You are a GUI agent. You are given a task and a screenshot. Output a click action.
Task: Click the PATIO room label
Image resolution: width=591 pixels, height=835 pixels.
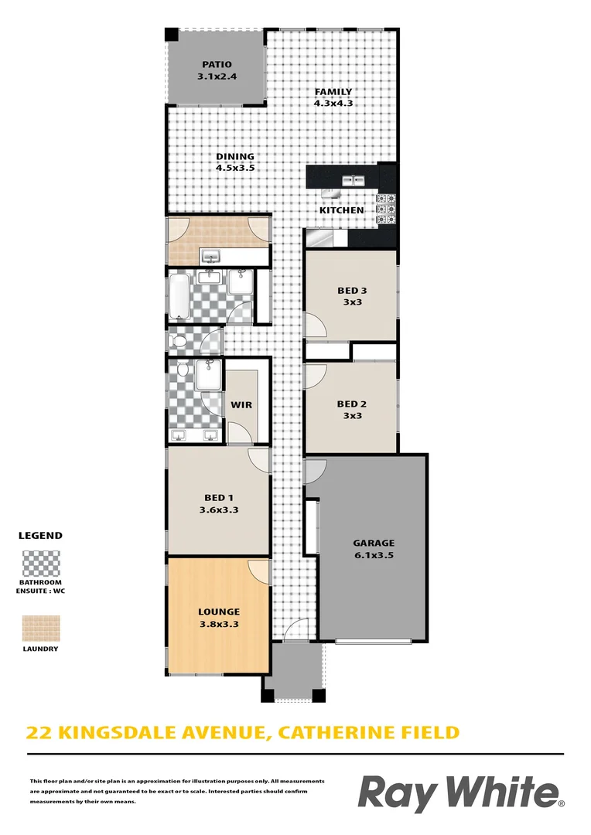[217, 64]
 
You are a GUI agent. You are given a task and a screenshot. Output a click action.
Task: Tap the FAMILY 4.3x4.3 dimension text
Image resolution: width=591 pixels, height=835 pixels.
[333, 104]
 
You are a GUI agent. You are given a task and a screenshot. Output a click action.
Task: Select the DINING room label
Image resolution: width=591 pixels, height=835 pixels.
[235, 156]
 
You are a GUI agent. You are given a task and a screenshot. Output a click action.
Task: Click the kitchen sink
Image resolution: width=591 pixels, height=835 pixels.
[353, 180]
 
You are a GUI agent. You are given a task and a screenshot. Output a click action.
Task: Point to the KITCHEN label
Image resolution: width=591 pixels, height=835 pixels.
[342, 210]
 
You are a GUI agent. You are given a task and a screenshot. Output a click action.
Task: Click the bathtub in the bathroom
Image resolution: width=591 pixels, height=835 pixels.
[179, 297]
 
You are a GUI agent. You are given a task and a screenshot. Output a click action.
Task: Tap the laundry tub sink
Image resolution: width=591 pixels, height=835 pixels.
[211, 257]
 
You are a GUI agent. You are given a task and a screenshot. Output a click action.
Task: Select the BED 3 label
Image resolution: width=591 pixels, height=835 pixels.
[352, 291]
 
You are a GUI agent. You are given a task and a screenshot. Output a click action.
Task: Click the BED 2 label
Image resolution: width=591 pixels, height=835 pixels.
[352, 404]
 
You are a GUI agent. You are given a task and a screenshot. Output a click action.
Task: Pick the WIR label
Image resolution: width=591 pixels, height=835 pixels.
[241, 405]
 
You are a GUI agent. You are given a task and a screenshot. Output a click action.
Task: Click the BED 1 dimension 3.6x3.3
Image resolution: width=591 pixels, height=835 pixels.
[218, 510]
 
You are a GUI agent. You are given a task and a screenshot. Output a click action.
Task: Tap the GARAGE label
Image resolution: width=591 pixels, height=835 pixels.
[374, 544]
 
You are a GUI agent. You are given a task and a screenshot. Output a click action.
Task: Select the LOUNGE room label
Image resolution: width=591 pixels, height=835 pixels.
[218, 612]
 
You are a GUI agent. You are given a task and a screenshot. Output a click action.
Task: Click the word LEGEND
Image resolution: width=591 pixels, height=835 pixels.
[40, 536]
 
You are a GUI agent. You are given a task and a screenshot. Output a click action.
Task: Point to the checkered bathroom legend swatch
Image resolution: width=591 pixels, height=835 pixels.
[41, 564]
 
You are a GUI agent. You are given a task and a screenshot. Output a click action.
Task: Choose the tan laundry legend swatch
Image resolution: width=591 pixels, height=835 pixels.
[41, 629]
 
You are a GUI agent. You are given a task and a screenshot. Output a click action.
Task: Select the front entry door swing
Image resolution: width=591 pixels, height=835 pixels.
[295, 629]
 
